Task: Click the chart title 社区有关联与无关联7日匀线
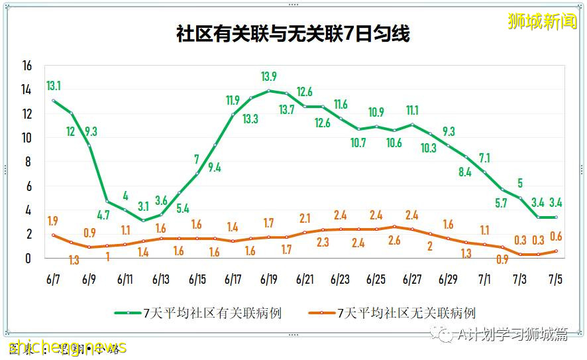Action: (x=293, y=34)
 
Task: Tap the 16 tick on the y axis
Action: (x=27, y=66)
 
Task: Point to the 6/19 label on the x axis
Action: (x=268, y=280)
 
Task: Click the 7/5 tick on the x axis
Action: (x=555, y=280)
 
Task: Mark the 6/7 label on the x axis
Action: (x=54, y=280)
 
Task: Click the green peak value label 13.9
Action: (x=269, y=77)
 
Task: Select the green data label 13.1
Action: (x=54, y=86)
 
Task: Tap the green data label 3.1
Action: (x=144, y=206)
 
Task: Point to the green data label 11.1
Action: (x=412, y=111)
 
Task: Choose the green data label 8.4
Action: (x=464, y=172)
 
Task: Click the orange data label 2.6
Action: (x=394, y=241)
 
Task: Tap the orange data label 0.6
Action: (x=555, y=237)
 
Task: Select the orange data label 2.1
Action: (x=305, y=218)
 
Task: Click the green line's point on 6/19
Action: (x=269, y=91)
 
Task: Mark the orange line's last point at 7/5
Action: (x=555, y=251)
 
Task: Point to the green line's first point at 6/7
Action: (x=54, y=101)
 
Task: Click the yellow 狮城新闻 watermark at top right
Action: (x=543, y=21)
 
